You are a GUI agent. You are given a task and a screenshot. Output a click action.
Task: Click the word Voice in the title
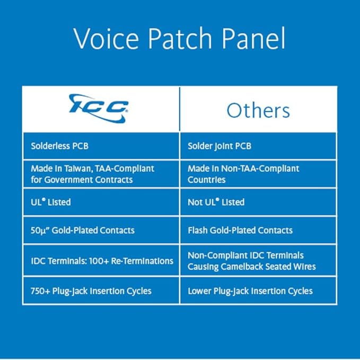coord(106,38)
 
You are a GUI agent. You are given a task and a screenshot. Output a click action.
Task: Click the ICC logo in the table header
coord(99,108)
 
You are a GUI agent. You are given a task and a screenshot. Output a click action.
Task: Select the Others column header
coord(258,110)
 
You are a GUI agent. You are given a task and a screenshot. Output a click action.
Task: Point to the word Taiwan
coord(77,169)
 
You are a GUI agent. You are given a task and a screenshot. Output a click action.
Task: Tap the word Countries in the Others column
coord(207,180)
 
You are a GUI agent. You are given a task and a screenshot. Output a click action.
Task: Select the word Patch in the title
coord(180,38)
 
